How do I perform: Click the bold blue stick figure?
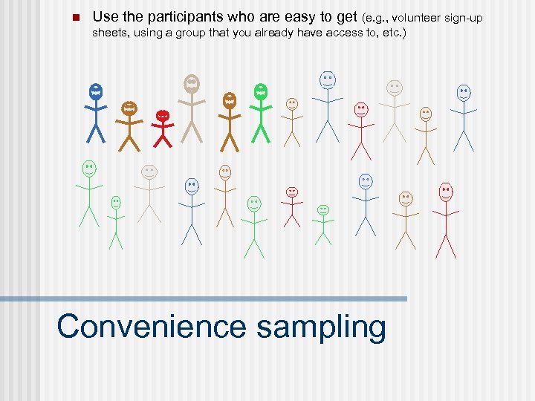96,111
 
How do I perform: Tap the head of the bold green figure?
260,92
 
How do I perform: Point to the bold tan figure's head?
192,84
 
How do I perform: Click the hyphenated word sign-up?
467,17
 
